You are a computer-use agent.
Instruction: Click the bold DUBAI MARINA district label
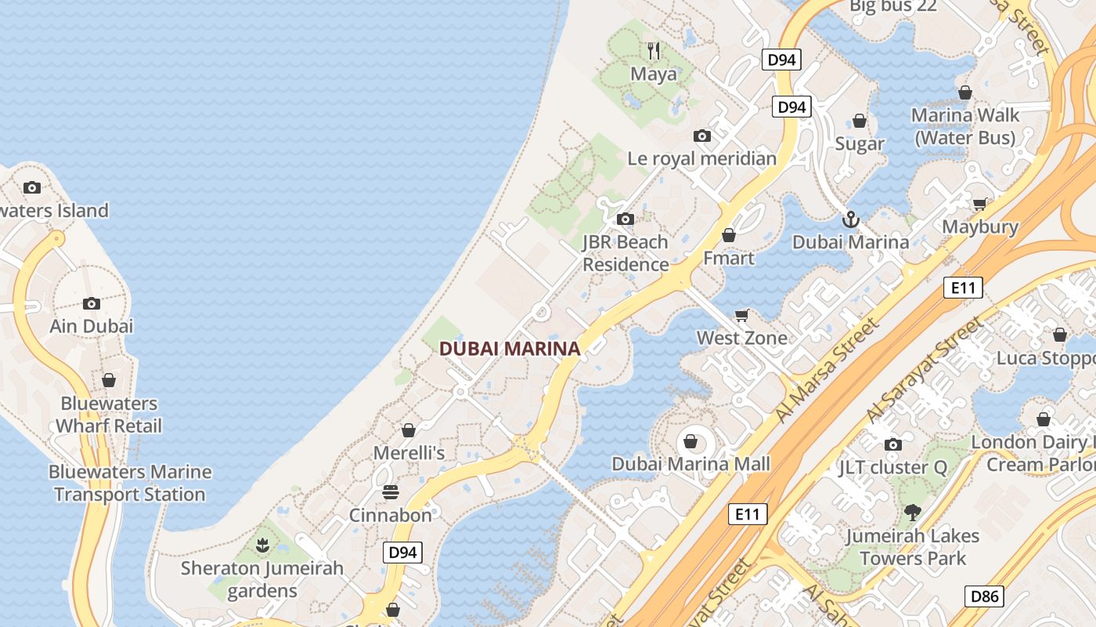tap(510, 349)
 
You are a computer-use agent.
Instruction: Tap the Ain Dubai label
tap(92, 325)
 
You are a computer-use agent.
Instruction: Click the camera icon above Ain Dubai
tap(92, 303)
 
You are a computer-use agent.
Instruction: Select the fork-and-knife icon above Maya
tap(654, 52)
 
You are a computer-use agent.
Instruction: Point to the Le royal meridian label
tap(701, 158)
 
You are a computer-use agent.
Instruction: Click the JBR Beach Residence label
tap(625, 253)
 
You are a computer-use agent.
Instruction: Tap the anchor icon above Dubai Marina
tap(851, 219)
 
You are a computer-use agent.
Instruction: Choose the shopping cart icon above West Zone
tap(742, 315)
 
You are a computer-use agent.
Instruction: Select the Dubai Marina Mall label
tap(690, 464)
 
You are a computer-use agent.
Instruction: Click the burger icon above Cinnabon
tap(391, 492)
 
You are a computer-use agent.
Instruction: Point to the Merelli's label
tap(409, 453)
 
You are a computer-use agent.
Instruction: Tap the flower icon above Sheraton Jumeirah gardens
tap(262, 545)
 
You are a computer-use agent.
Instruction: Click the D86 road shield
tap(984, 596)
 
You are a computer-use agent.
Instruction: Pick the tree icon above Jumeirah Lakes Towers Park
tap(912, 513)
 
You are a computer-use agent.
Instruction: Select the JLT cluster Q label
tap(892, 468)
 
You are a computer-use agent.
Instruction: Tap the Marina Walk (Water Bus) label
tap(965, 126)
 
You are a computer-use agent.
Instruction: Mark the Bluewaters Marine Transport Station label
tap(130, 483)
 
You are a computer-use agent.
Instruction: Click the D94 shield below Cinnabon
tap(403, 552)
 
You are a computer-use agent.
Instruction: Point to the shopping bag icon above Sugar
tap(860, 121)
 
